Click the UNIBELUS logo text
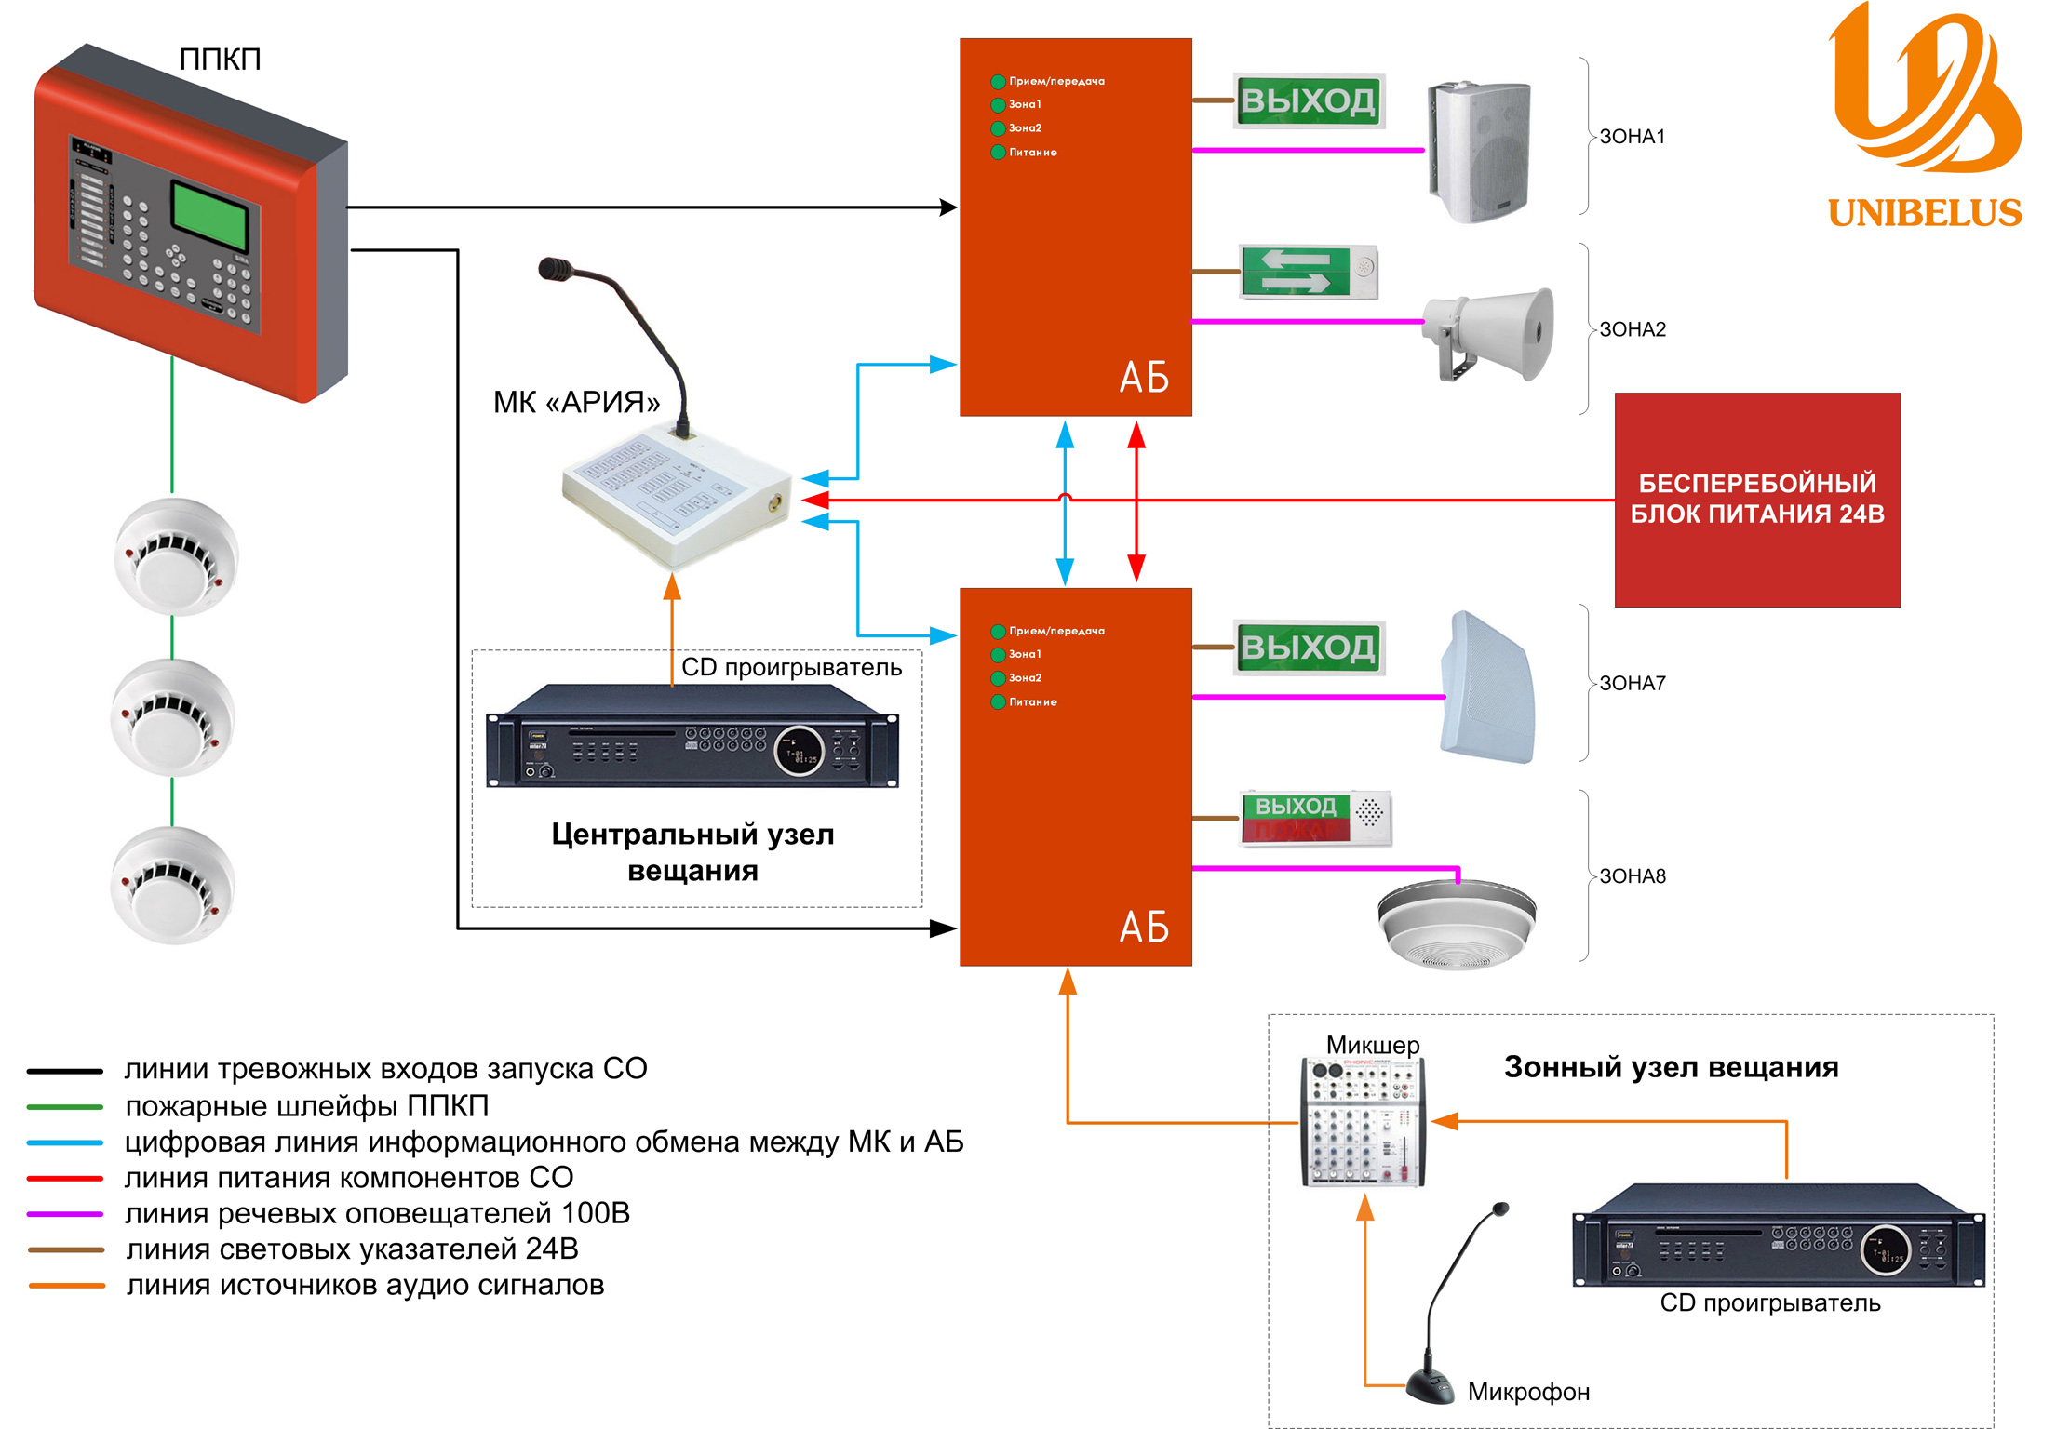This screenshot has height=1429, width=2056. pyautogui.click(x=1924, y=213)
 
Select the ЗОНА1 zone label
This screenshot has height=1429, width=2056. pyautogui.click(x=1632, y=137)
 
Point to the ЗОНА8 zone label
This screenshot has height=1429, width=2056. pyautogui.click(x=1632, y=876)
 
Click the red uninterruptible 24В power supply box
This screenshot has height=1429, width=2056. pyautogui.click(x=1756, y=500)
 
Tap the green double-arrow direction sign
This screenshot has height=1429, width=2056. pyautogui.click(x=1297, y=272)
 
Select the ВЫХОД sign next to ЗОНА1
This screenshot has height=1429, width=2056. pyautogui.click(x=1309, y=100)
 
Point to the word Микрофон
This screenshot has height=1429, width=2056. pyautogui.click(x=1528, y=1392)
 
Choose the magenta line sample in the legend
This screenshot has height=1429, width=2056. pyautogui.click(x=65, y=1214)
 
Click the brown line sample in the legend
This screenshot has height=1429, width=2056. pyautogui.click(x=65, y=1249)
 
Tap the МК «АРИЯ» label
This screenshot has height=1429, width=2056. pyautogui.click(x=576, y=402)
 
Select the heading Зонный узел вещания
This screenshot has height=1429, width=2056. pyautogui.click(x=1671, y=1067)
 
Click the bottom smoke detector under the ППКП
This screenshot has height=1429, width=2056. pyautogui.click(x=172, y=885)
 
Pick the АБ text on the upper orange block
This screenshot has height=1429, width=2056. pyautogui.click(x=1144, y=378)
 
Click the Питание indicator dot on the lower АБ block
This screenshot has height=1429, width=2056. pyautogui.click(x=998, y=702)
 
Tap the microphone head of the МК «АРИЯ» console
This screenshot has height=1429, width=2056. pyautogui.click(x=557, y=269)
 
